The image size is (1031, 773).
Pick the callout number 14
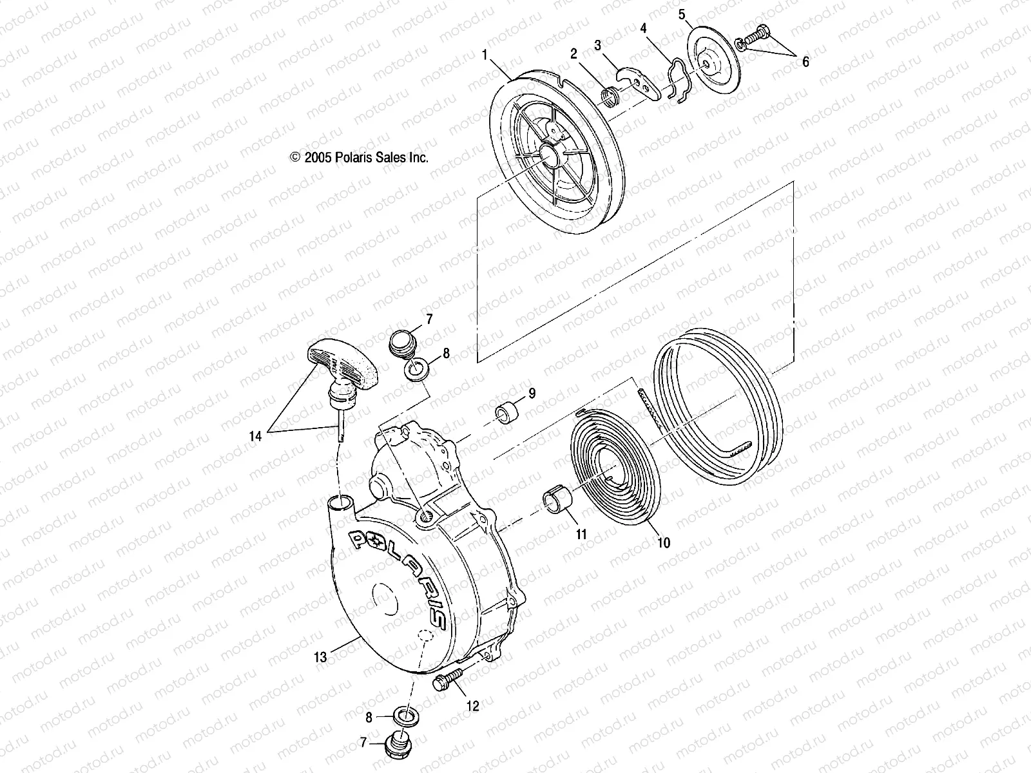click(x=256, y=436)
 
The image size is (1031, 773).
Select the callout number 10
click(x=664, y=542)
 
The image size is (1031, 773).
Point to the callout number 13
click(x=320, y=657)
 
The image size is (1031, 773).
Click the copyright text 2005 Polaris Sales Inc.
click(x=360, y=157)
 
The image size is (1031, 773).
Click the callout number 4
click(x=643, y=28)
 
